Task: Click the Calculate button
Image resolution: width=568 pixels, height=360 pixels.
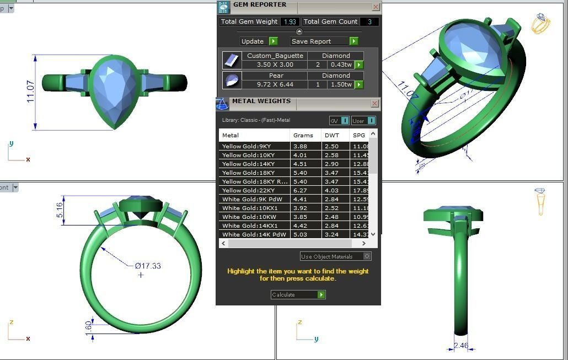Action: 298,295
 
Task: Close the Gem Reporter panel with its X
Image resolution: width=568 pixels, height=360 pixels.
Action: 376,7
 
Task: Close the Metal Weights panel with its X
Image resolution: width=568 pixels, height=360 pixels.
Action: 374,103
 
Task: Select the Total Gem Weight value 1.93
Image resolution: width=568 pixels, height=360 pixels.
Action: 290,22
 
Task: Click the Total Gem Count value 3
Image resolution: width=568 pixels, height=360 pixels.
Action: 369,22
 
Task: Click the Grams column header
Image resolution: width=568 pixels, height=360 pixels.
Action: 303,135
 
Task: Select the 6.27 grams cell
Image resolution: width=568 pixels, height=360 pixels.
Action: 301,190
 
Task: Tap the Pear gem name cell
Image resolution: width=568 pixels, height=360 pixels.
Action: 276,76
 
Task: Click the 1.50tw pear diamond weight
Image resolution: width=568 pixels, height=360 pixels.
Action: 341,85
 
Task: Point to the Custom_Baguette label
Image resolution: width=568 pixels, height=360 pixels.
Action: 275,56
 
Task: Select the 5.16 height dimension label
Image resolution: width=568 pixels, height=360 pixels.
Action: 60,209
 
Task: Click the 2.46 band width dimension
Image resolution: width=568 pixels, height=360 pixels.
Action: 460,346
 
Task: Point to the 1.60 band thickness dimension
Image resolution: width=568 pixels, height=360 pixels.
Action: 89,326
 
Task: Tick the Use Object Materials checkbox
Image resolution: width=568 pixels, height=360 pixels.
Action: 367,256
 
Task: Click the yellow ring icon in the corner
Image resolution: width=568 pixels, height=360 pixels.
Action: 540,24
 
